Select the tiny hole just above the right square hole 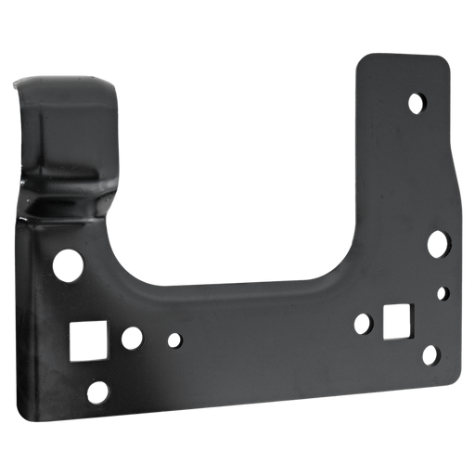445,293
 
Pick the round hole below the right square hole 429,354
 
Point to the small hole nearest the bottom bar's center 173,341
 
